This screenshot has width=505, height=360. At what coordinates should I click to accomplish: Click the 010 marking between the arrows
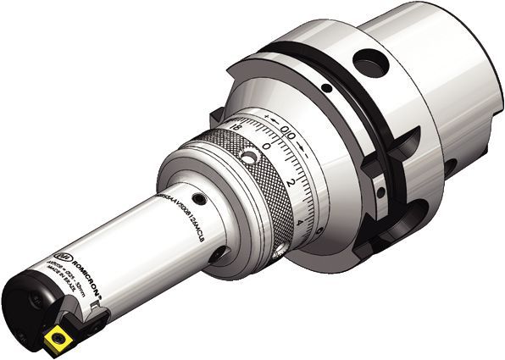[289, 130]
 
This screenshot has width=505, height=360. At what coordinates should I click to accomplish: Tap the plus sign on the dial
[266, 115]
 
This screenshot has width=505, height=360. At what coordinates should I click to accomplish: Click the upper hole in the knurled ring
[248, 158]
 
